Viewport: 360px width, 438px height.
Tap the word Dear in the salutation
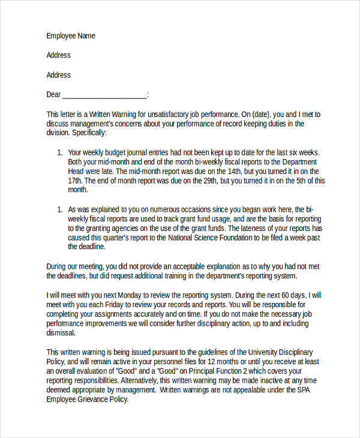(54, 95)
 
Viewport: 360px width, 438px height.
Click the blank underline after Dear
(104, 96)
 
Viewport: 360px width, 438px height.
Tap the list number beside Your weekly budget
(59, 152)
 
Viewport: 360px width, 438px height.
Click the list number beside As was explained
(59, 209)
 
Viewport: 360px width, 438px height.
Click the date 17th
(75, 181)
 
